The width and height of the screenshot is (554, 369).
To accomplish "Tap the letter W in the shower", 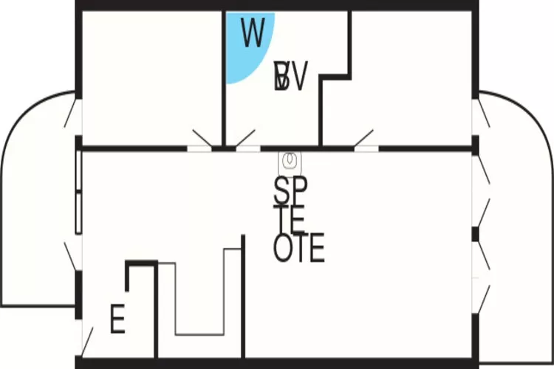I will point(253,34).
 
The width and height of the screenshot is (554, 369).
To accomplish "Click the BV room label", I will point(290,77).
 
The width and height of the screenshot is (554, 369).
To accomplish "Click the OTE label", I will point(298,249).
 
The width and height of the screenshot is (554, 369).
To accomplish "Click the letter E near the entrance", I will point(117,320).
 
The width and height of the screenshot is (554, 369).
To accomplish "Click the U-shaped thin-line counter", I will point(199,295).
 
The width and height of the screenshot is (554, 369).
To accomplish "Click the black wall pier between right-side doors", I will point(476,235).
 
